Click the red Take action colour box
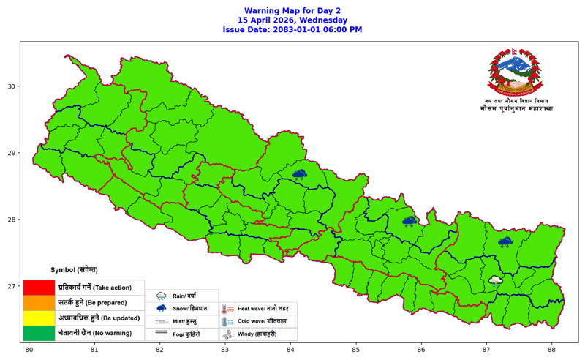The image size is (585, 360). pos(39,288)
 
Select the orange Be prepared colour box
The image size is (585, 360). pos(39,302)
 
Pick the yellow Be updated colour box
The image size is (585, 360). pos(39,318)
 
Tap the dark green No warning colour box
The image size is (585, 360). pos(39,333)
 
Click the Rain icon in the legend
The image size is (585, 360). pos(161,296)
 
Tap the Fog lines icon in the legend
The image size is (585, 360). pos(161,334)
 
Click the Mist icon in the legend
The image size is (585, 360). pos(161,321)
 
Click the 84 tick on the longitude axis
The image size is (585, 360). pos(291,350)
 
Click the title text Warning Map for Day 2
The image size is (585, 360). pos(292,10)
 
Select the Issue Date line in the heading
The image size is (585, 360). pos(292,30)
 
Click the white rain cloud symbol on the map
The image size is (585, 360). pos(495,280)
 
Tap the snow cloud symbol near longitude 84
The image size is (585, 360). pos(299,175)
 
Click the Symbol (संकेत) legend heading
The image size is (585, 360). pos(73,269)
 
